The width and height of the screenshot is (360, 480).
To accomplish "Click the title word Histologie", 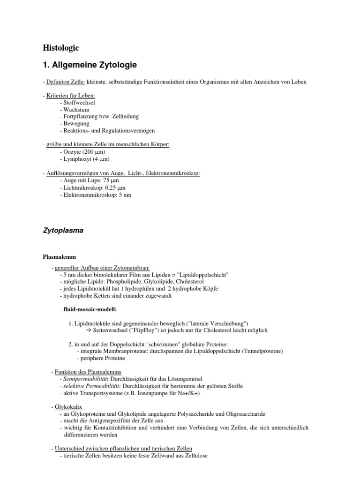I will pos(61,48).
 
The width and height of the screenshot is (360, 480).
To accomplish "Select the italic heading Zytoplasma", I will pos(63,230).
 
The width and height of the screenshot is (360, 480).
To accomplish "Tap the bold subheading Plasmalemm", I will pos(59,257).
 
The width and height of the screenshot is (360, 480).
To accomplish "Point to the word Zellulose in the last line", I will pos(194,456).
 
